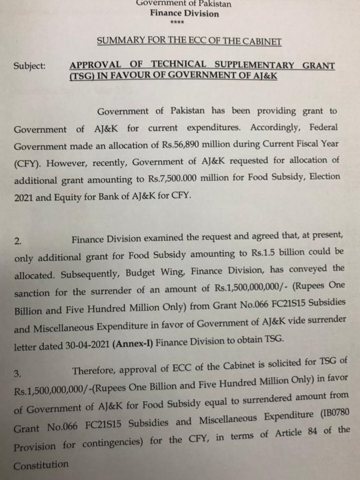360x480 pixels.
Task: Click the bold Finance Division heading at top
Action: pos(184,13)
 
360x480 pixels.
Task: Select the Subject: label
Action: pos(30,66)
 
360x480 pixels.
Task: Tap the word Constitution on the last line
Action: pos(42,465)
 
